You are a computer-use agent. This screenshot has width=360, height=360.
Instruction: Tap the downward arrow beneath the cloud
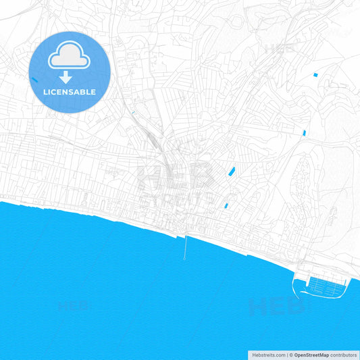click(x=66, y=78)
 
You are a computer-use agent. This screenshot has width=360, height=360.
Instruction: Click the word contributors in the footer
click(x=344, y=354)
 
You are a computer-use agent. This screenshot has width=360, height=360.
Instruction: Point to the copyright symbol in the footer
click(x=291, y=354)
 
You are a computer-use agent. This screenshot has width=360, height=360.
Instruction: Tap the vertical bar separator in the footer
click(x=286, y=354)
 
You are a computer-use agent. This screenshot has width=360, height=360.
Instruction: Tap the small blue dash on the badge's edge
click(x=34, y=79)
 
